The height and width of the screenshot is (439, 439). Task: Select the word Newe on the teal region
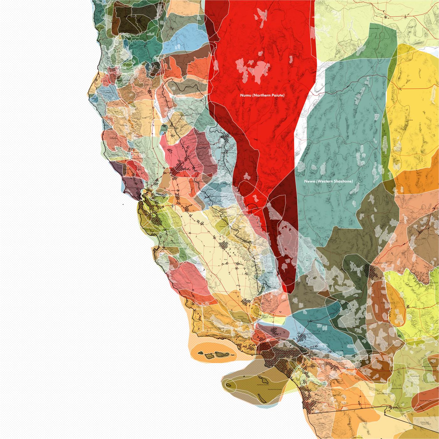[309, 181]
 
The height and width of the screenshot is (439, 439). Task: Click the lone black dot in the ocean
[123, 205]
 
